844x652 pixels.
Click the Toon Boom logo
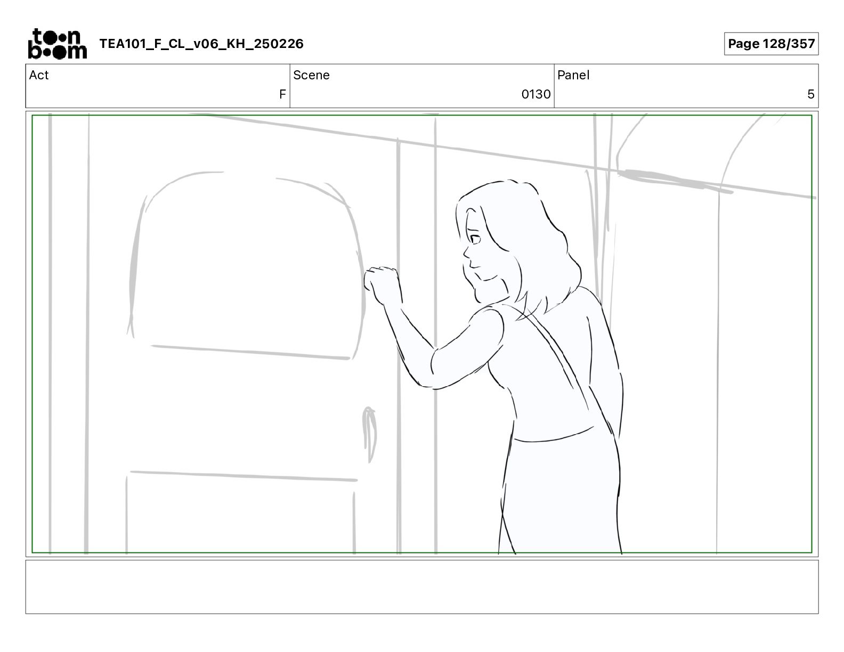coord(58,44)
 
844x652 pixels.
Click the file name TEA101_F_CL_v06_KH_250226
coord(201,44)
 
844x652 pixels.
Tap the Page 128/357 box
coord(771,44)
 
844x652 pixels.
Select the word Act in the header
coord(39,75)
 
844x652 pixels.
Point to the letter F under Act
coord(282,94)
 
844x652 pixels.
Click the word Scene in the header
coord(311,75)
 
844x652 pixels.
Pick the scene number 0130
coord(535,94)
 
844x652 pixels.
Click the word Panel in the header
coord(573,75)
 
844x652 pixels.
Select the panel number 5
coord(810,94)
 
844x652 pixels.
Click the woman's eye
coord(474,239)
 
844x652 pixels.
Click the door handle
coord(369,434)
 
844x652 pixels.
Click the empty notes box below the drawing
coord(422,587)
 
